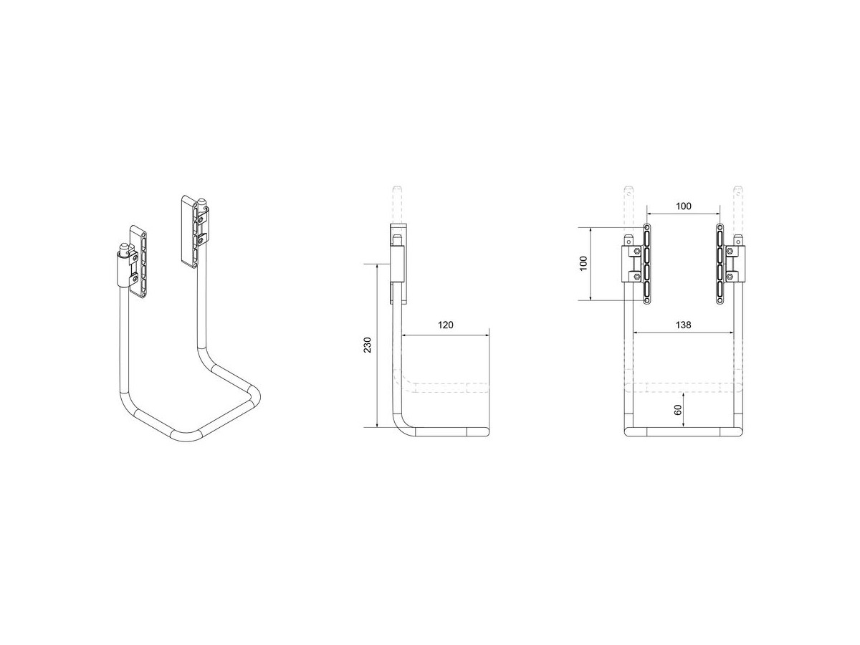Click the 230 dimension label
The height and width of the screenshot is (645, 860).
pos(367,345)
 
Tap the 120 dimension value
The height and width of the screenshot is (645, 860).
pos(446,325)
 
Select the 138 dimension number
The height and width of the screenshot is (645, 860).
pos(683,325)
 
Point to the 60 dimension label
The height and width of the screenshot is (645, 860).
pos(678,410)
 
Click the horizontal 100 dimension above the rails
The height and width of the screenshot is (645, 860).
pos(683,206)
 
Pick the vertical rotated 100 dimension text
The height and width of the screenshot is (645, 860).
pos(584,264)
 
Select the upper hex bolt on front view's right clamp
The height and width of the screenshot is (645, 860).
pos(730,251)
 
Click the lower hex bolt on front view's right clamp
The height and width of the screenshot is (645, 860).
pos(730,277)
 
